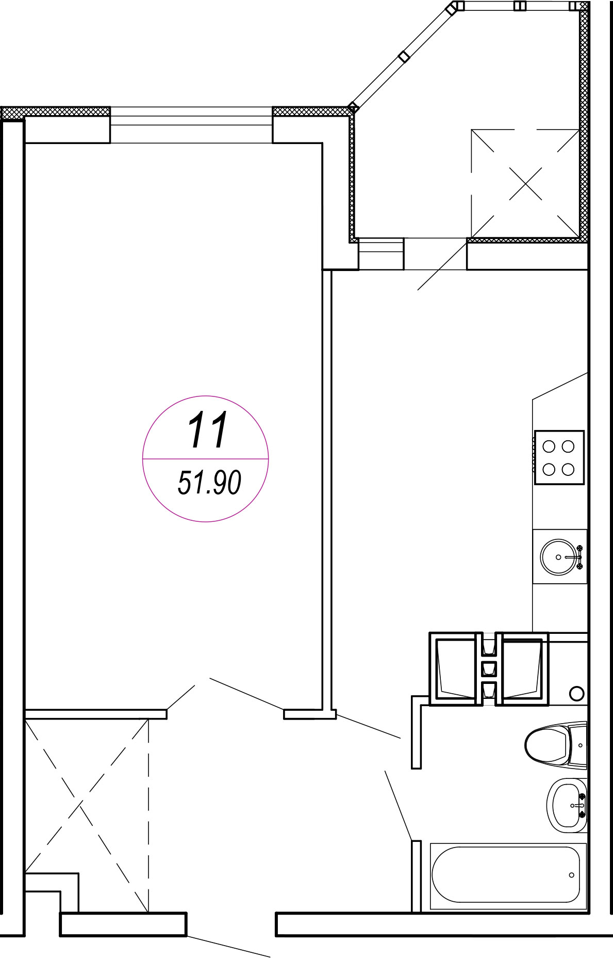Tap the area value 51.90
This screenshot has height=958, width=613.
coord(209,483)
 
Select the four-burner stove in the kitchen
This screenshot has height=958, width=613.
coord(559,457)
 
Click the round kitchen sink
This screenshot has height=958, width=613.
coord(559,557)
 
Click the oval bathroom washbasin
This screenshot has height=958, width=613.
coord(567,805)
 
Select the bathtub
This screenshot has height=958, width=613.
coord(508,875)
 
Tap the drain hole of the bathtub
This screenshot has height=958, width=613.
coord(571,875)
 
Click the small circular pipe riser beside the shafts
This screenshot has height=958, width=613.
coord(577,693)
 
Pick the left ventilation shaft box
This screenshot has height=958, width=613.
coord(456,668)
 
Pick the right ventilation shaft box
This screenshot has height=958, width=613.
coord(522,668)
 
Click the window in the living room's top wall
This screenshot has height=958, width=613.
coord(191,124)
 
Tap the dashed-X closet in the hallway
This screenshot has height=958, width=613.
coord(87,816)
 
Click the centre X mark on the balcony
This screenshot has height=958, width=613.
coord(525,183)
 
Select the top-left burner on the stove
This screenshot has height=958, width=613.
coord(549,446)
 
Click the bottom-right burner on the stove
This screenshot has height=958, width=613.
coord(568,469)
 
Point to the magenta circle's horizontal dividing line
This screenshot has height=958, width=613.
coord(206,458)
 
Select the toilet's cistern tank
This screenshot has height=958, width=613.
coord(578,744)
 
